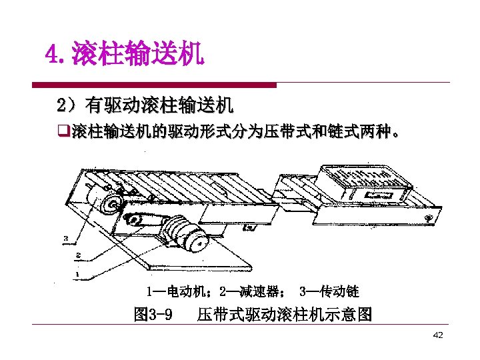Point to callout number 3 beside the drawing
pos(66,237)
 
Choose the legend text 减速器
pos(260,291)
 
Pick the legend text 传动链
pos(339,291)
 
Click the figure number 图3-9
pos(153,313)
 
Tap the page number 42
pos(437,335)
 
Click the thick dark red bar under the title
pos(154,85)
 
